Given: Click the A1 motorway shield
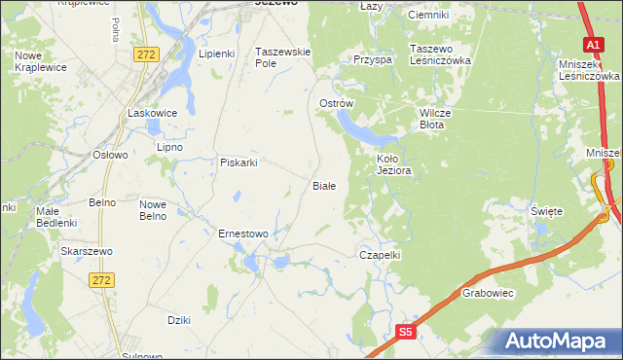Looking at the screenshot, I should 593,45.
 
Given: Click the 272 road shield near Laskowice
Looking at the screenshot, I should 146,55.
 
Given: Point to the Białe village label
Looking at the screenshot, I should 323,185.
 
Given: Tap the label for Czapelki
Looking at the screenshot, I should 380,254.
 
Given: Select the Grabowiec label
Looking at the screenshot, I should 488,292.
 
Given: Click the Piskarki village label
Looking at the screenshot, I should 238,162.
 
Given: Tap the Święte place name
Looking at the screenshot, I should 546,210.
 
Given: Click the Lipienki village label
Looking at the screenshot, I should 217,54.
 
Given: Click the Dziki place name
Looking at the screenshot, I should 178,319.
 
